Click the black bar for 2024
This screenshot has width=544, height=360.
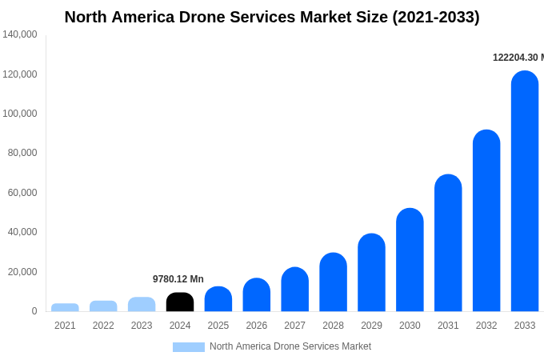180,302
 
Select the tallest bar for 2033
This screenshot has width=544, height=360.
525,192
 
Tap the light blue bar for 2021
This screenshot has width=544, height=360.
65,307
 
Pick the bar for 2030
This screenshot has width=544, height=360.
410,260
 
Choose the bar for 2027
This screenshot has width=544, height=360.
294,290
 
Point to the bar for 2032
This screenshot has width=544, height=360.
486,221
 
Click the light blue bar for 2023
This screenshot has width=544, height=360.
142,304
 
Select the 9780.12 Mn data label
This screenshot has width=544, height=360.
178,279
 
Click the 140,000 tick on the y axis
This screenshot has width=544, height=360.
20,34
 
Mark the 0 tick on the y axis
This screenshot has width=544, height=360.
34,311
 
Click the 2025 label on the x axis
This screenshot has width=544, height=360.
218,326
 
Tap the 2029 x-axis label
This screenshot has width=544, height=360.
371,326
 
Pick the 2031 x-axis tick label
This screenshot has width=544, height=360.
448,326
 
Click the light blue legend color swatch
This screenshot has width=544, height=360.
189,347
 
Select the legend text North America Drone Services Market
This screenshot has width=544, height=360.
290,346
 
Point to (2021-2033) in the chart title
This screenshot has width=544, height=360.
436,17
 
